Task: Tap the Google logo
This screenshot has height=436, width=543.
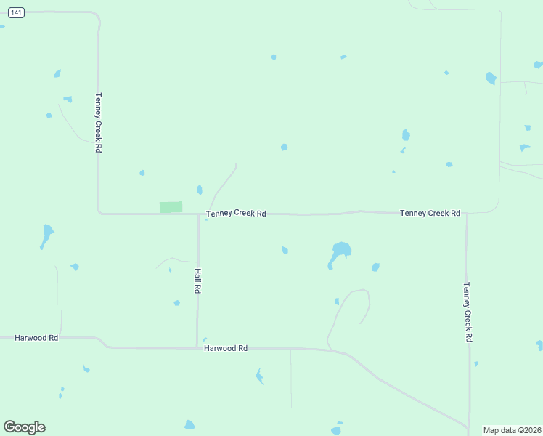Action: click(24, 427)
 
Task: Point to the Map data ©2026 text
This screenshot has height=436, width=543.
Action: click(512, 430)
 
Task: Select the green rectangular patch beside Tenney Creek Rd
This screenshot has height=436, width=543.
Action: click(171, 207)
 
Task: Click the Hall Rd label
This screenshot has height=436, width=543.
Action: click(197, 280)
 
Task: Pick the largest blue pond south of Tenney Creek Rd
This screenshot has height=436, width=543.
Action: click(340, 251)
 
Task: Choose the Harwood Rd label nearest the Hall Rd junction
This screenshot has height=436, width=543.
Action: click(226, 349)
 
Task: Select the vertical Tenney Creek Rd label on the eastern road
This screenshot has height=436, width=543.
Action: click(468, 312)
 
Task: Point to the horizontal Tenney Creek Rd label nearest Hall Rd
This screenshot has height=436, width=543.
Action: click(237, 214)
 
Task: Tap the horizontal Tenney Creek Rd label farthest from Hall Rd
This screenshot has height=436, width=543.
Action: click(430, 213)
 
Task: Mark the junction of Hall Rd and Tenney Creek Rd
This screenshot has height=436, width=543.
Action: click(198, 214)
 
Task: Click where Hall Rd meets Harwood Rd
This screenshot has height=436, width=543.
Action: click(197, 347)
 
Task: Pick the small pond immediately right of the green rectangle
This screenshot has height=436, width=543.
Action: click(200, 190)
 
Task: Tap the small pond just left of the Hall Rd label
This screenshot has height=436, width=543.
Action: click(176, 303)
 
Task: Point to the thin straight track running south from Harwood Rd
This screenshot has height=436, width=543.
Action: click(291, 378)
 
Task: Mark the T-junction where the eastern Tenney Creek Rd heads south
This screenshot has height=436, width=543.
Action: click(467, 214)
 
